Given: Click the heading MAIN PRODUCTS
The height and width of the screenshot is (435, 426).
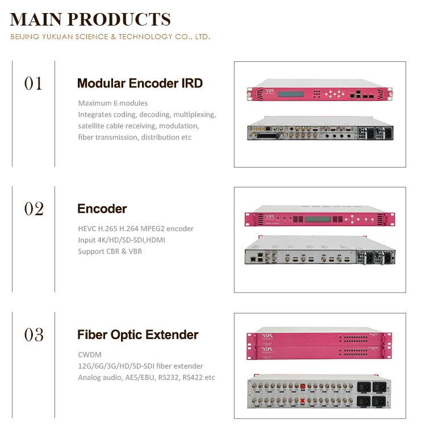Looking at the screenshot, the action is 90,19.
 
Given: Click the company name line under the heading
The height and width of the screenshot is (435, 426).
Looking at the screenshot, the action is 110,37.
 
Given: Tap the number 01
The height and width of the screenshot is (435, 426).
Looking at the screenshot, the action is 34,84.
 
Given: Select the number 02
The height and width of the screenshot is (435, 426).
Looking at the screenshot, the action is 34,209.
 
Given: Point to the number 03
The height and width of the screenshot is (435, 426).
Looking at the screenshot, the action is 34,334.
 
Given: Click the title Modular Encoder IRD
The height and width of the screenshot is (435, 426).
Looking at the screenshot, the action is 140,83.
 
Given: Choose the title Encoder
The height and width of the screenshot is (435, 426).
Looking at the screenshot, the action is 102,208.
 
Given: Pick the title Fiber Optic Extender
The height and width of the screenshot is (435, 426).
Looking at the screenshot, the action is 138,334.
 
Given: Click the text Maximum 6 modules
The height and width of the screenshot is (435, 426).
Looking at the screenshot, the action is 112,103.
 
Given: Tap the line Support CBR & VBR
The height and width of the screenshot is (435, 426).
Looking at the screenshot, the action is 110,251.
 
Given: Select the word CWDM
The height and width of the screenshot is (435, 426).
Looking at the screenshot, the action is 90,355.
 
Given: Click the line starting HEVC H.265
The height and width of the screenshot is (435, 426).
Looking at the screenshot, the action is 136,228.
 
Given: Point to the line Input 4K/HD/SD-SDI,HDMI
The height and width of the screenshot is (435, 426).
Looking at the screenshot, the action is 122,240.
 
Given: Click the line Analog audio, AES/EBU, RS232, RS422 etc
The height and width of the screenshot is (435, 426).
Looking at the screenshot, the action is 147,377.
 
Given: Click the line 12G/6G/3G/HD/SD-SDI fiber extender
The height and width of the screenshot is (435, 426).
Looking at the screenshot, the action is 140,366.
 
